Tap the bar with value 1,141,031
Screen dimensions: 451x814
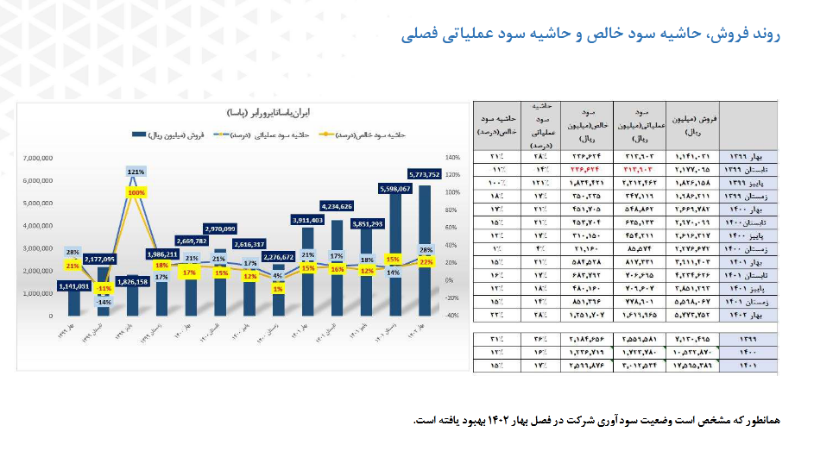[74, 303]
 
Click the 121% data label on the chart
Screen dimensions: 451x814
[136, 172]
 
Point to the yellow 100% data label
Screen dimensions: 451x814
[136, 193]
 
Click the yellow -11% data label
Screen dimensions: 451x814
[104, 288]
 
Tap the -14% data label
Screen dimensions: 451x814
[104, 302]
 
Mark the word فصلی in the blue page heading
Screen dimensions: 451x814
[418, 34]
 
